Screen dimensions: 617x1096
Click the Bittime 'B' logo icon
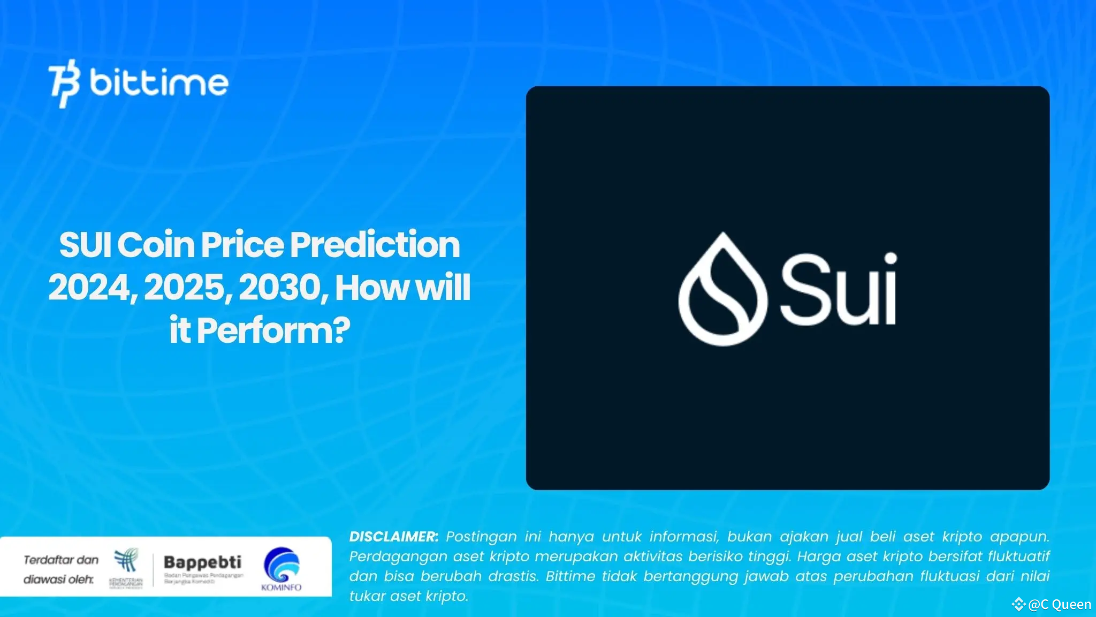[x=65, y=83]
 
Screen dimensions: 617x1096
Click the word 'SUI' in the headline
[x=85, y=245]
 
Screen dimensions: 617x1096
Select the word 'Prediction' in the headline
[x=375, y=245]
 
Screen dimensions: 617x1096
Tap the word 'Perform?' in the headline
[x=273, y=330]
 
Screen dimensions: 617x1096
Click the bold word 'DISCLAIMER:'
[x=393, y=537]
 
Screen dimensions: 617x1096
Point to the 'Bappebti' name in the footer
[x=202, y=562]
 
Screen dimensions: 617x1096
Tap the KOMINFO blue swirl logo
[x=281, y=565]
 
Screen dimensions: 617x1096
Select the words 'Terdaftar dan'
[x=61, y=560]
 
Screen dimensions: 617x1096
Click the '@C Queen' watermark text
[x=1060, y=605]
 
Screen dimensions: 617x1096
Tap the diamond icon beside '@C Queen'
[x=1018, y=605]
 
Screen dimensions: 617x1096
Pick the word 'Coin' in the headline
[x=156, y=245]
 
